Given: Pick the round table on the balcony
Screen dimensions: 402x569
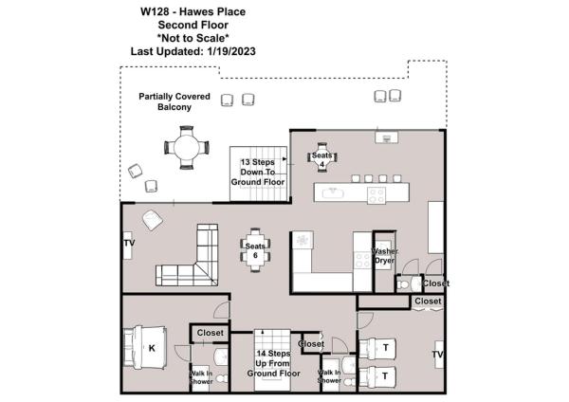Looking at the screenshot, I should (185, 147).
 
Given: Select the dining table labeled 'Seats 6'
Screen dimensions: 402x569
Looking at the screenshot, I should (255, 251).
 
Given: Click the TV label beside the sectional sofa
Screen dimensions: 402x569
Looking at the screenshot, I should (129, 245).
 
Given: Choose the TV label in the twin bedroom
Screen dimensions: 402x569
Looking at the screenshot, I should (438, 356).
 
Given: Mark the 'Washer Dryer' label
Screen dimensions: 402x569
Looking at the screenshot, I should (385, 256).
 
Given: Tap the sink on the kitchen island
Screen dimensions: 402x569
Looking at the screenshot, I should (333, 194).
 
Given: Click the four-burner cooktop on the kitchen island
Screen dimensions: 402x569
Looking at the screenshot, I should (376, 194).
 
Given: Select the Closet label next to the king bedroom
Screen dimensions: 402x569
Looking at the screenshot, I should (210, 334).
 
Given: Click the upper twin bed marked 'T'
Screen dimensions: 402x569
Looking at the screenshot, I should (384, 347).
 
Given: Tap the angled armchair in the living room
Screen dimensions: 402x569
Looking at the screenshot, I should (152, 220).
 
